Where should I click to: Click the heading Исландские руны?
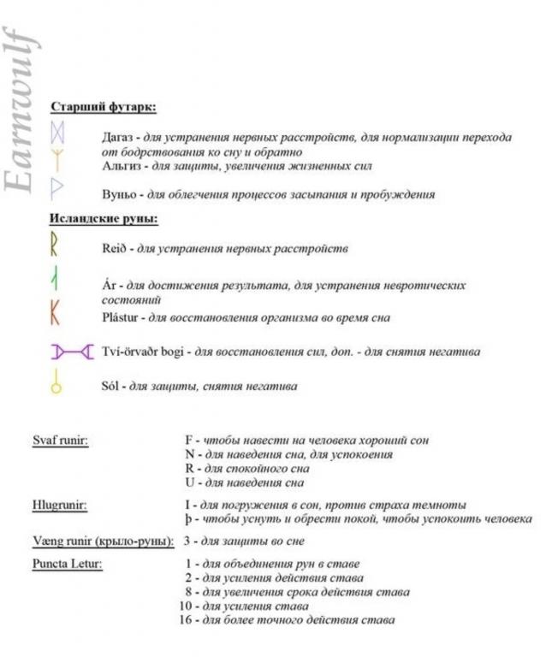tap(104, 218)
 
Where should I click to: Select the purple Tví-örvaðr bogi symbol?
tap(72, 351)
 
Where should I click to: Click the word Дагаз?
tap(118, 137)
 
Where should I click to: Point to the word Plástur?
tap(123, 317)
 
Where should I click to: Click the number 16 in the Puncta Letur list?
tap(185, 619)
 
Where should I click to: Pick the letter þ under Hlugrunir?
tap(188, 519)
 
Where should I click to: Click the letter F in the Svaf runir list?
tap(188, 441)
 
